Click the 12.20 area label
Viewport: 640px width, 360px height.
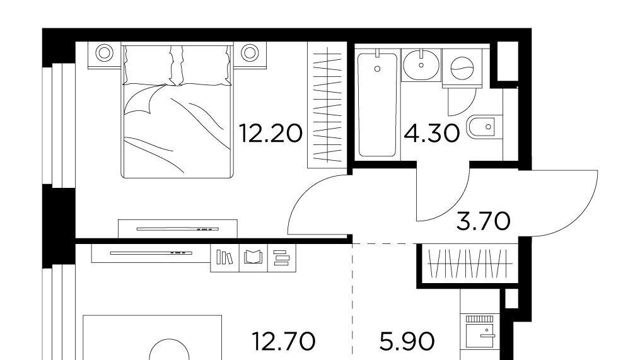click(x=271, y=134)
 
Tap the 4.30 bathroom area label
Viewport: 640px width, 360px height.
click(x=432, y=134)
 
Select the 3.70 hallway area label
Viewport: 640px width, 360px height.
click(x=483, y=221)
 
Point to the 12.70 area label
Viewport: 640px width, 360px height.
click(x=284, y=341)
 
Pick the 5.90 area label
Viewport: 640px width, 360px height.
click(x=407, y=341)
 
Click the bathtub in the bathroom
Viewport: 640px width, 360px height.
click(x=376, y=104)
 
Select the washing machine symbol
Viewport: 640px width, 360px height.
click(x=462, y=67)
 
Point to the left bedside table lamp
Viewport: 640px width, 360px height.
click(x=105, y=53)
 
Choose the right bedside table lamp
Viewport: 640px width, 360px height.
click(x=249, y=53)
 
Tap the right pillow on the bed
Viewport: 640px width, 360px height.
click(x=204, y=66)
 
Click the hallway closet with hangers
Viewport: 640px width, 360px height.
click(x=468, y=264)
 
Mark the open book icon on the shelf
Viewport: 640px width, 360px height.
click(x=253, y=258)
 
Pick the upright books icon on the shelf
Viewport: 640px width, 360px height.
click(x=224, y=257)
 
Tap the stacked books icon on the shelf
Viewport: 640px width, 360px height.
click(x=281, y=258)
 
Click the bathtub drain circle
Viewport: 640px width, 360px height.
click(x=377, y=69)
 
